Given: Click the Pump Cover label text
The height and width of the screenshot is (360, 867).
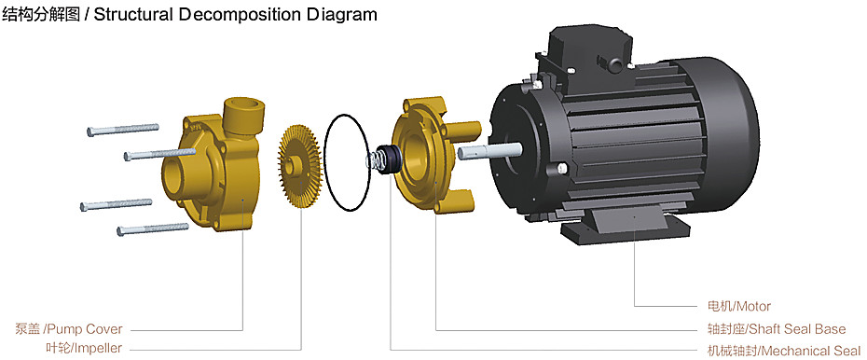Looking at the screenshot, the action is [69, 329].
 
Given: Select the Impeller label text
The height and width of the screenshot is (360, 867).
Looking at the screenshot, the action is [84, 349].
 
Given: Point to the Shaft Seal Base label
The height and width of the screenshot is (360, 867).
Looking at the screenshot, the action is [777, 329].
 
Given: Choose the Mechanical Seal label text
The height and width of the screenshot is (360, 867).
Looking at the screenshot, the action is [783, 351].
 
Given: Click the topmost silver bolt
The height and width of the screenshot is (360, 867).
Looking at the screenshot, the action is [123, 130].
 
